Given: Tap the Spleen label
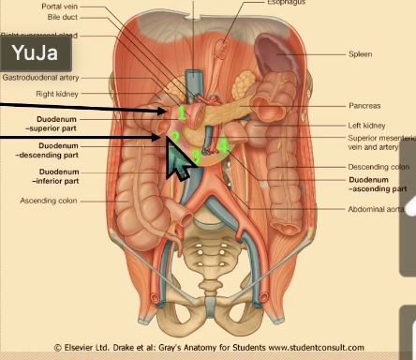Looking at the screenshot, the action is click(x=360, y=55).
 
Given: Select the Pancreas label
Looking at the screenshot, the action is click(x=364, y=107).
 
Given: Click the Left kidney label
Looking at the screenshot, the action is click(x=367, y=125).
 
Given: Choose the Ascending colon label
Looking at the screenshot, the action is click(x=48, y=201).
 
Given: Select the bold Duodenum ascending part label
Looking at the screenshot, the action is click(x=379, y=184).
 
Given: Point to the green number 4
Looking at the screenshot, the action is click(x=223, y=145).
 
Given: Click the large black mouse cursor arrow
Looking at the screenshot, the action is click(x=179, y=161).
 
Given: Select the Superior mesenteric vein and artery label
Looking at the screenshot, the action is click(x=379, y=142).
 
